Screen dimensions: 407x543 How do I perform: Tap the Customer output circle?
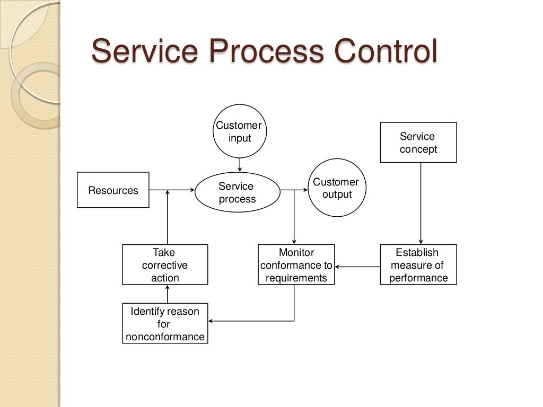click(337, 188)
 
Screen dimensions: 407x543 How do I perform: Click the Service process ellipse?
click(237, 192)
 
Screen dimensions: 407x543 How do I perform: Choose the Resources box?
click(113, 190)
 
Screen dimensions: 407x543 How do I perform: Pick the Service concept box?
click(418, 143)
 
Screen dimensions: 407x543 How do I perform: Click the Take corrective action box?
click(165, 265)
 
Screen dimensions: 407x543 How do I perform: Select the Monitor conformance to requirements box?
click(296, 265)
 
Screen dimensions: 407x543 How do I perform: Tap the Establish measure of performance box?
click(418, 265)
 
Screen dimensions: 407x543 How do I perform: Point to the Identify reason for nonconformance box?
click(165, 324)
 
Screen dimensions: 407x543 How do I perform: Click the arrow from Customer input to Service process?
click(240, 165)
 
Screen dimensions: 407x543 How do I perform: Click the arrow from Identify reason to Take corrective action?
click(168, 294)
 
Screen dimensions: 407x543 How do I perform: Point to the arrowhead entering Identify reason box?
click(211, 321)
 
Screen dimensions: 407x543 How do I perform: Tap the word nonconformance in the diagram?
click(165, 337)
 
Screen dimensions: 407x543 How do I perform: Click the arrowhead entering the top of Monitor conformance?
click(294, 241)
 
